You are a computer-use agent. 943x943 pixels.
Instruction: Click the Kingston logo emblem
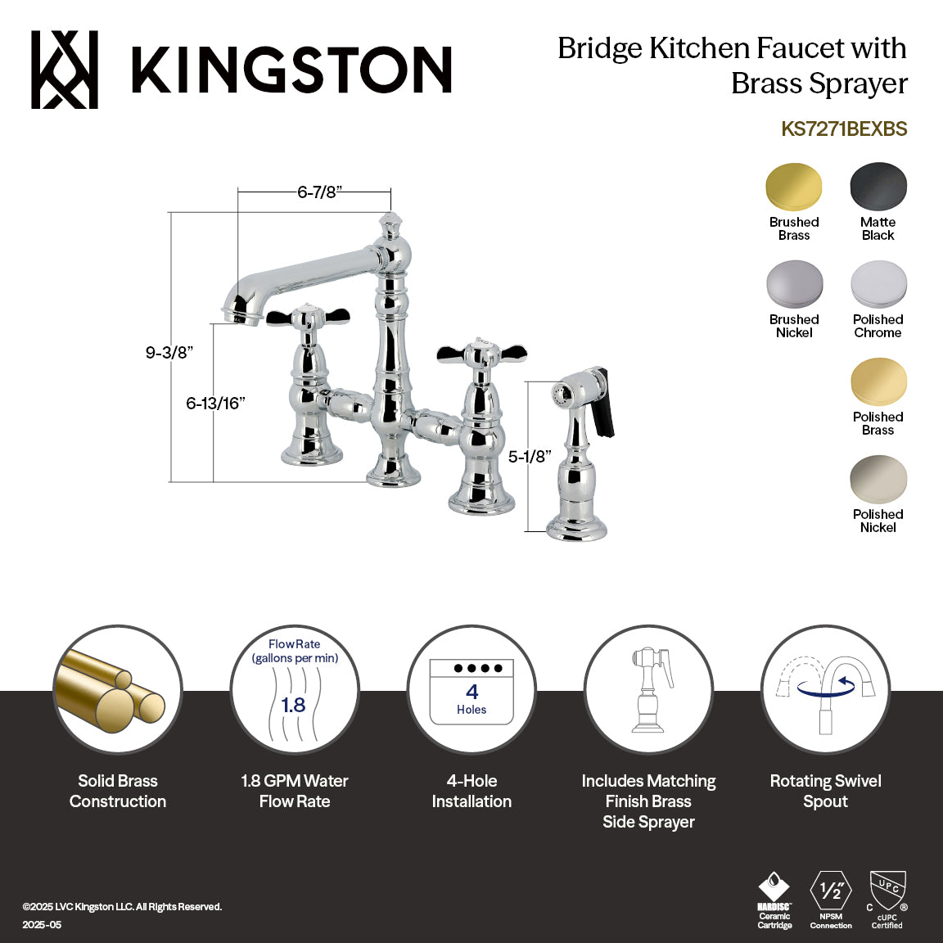click(65, 70)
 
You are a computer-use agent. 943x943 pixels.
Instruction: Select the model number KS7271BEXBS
click(843, 129)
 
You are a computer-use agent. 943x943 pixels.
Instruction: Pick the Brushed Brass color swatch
click(793, 187)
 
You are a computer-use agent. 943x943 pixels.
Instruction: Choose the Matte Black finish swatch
click(878, 187)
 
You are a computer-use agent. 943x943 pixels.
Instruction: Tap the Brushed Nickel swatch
click(793, 285)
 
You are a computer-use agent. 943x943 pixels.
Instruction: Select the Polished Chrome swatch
click(878, 285)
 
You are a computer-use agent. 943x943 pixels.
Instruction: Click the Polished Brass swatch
click(878, 382)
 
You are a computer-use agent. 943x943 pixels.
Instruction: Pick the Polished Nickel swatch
click(878, 480)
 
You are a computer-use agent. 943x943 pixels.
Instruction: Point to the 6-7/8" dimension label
click(319, 192)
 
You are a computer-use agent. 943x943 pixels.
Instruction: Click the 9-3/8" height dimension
click(169, 353)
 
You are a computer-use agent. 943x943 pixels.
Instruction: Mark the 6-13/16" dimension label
click(215, 403)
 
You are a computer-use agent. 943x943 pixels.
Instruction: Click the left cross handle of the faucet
click(309, 315)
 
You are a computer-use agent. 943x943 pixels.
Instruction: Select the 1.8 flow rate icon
click(294, 690)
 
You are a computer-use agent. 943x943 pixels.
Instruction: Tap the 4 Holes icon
click(471, 690)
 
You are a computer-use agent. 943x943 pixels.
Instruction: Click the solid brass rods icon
click(117, 690)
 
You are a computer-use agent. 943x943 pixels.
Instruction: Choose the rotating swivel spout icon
click(825, 690)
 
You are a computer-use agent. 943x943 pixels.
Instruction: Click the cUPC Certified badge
click(887, 900)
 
